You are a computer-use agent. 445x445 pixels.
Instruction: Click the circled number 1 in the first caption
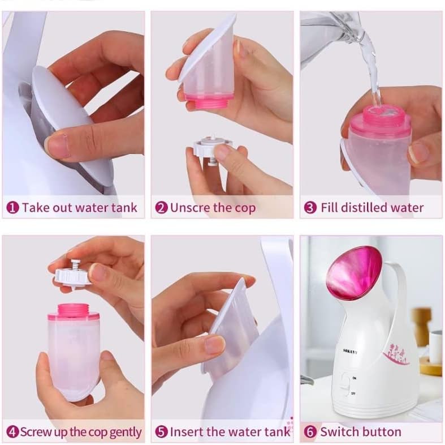12,207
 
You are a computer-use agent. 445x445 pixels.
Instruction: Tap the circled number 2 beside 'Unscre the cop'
161,207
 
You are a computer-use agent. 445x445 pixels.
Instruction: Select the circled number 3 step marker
310,207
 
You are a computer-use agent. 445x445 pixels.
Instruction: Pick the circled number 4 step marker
11,432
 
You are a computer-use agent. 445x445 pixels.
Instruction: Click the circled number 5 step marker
161,432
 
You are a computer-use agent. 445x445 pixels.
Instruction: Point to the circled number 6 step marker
310,432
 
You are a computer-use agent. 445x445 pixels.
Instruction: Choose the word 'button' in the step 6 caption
380,432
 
